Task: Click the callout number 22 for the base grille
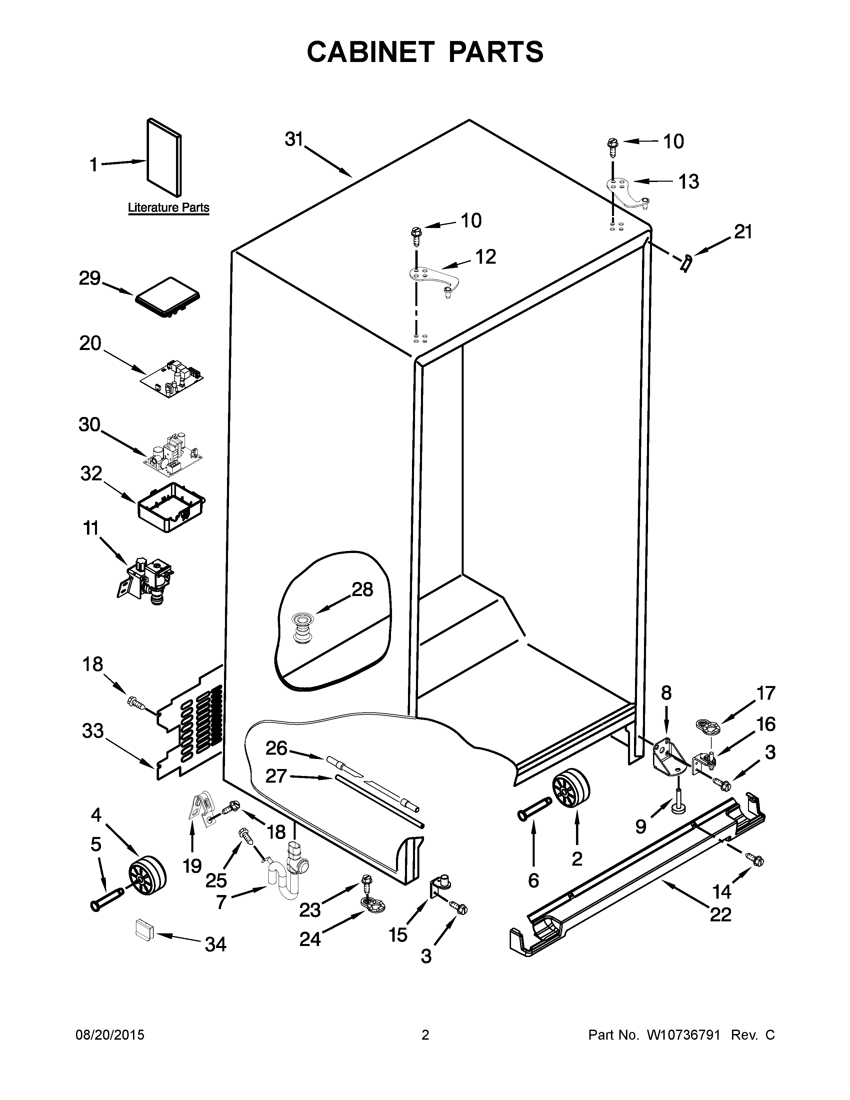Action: (x=720, y=914)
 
